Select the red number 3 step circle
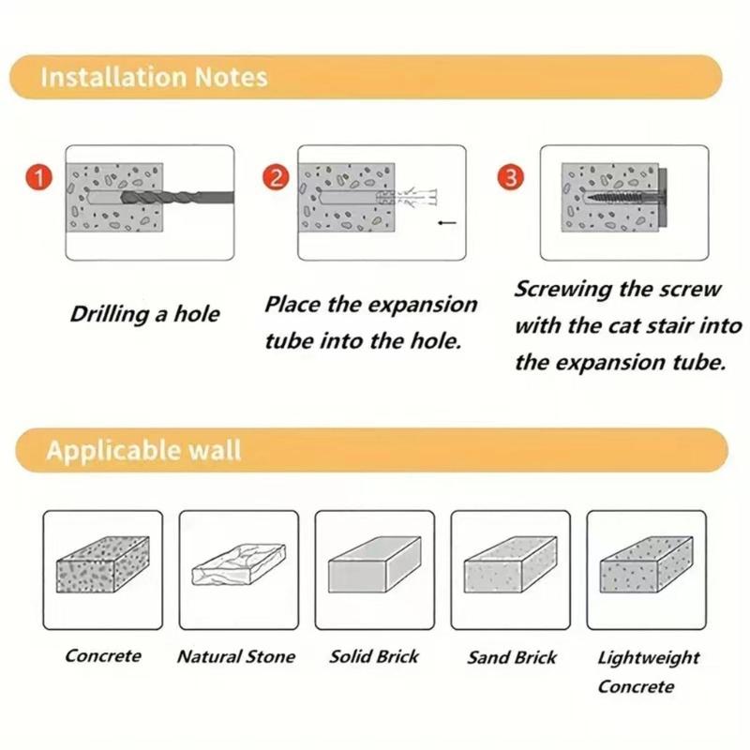point(514,178)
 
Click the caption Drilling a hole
point(144,313)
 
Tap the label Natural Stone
point(236,657)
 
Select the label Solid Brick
point(373,656)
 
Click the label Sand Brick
point(512,657)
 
